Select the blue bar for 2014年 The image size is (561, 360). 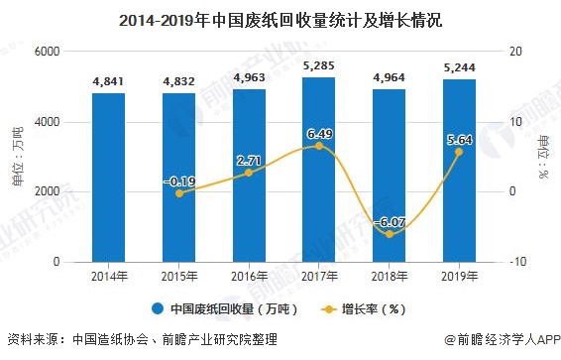click(x=108, y=178)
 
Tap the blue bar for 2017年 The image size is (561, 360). click(x=318, y=170)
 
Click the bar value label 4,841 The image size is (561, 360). click(x=108, y=83)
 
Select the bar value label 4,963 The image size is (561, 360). click(x=249, y=78)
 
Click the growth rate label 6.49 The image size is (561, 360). click(x=318, y=133)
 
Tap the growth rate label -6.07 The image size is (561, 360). click(x=389, y=223)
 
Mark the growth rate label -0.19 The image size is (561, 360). click(x=178, y=181)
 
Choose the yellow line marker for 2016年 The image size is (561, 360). click(x=249, y=173)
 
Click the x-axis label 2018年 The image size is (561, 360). click(x=389, y=277)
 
